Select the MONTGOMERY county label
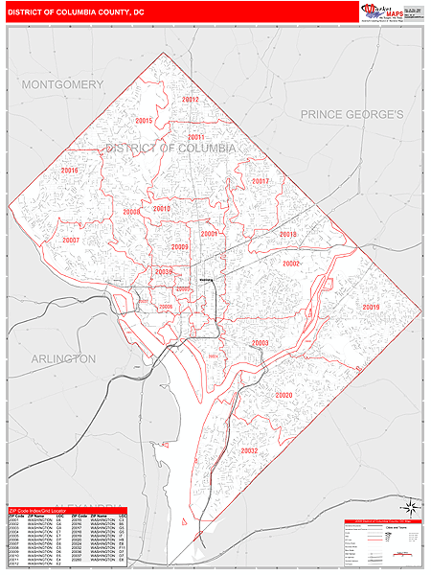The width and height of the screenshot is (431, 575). pos(62,85)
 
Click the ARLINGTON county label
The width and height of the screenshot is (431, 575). pos(63,358)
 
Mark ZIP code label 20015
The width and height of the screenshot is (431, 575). pos(145,121)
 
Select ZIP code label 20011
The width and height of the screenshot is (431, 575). pos(196,137)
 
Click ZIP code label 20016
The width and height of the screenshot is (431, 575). pos(69,171)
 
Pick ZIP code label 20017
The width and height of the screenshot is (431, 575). pos(261,181)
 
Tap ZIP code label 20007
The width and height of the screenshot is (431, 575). pos(70,241)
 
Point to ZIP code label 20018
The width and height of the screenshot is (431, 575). pos(287,235)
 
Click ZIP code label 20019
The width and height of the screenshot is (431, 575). pos(372,307)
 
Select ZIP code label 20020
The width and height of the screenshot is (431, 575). pos(284,395)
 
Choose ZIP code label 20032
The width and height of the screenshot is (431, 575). pos(249,450)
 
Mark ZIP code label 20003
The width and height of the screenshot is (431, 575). pos(260,343)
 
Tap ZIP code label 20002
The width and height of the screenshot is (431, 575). pos(291,264)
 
